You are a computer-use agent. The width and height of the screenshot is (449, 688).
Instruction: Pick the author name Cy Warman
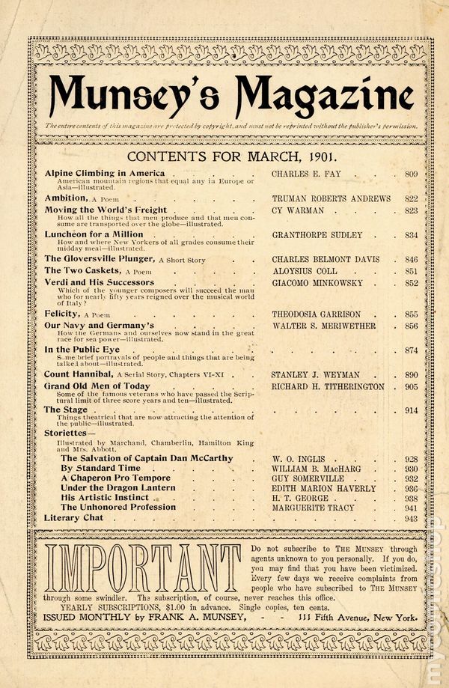pyautogui.click(x=297, y=210)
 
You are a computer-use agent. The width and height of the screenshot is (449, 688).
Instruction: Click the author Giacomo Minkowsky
pyautogui.click(x=317, y=283)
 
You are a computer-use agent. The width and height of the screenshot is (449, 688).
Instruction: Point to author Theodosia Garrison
pyautogui.click(x=317, y=314)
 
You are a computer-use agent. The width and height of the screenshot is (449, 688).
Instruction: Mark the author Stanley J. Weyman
pyautogui.click(x=315, y=374)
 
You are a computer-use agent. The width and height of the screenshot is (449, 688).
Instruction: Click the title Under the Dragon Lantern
pyautogui.click(x=118, y=487)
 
